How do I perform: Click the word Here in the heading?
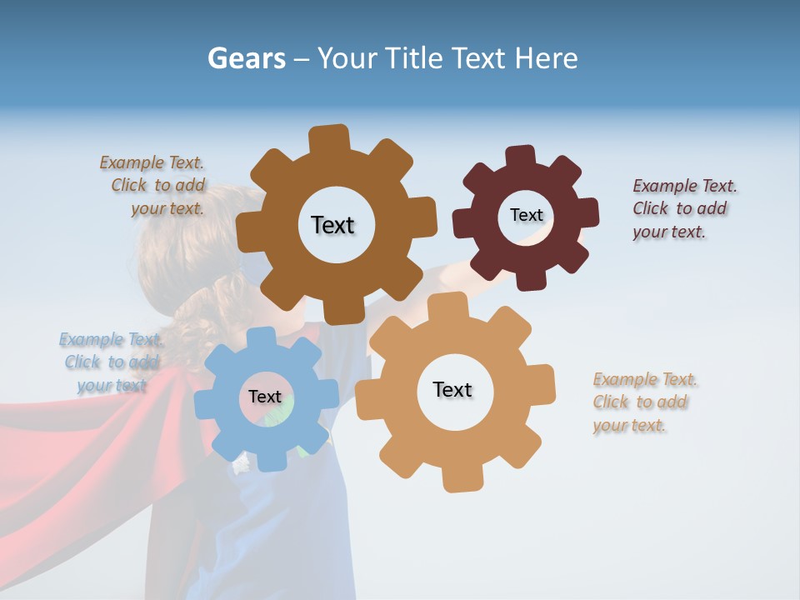click(545, 58)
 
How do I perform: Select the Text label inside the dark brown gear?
click(332, 225)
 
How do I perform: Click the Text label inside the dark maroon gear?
click(526, 215)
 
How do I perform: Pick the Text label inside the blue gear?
click(265, 397)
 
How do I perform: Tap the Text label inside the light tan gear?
click(452, 389)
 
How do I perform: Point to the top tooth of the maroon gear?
click(521, 156)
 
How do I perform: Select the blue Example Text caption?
click(109, 362)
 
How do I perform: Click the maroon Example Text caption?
click(683, 208)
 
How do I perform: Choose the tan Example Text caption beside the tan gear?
click(643, 402)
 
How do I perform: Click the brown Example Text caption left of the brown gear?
click(154, 185)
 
